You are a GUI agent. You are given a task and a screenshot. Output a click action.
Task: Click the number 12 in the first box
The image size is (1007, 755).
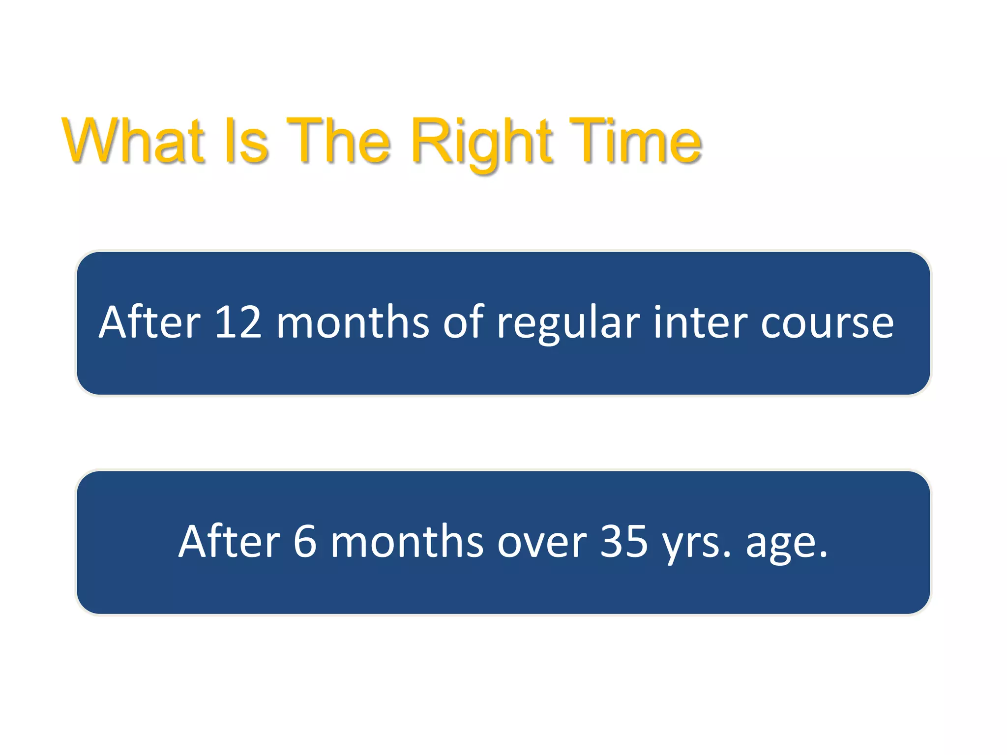coord(238,322)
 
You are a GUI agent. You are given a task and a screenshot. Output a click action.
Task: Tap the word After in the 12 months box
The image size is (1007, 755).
coord(149,322)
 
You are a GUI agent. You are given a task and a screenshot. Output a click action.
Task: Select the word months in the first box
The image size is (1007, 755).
coord(353,322)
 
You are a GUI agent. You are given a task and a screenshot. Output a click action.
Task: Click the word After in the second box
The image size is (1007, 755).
coord(229,541)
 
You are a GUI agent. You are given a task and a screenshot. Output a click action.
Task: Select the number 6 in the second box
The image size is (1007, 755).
coord(305,541)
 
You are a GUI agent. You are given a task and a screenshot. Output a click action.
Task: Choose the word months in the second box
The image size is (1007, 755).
coord(407,541)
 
